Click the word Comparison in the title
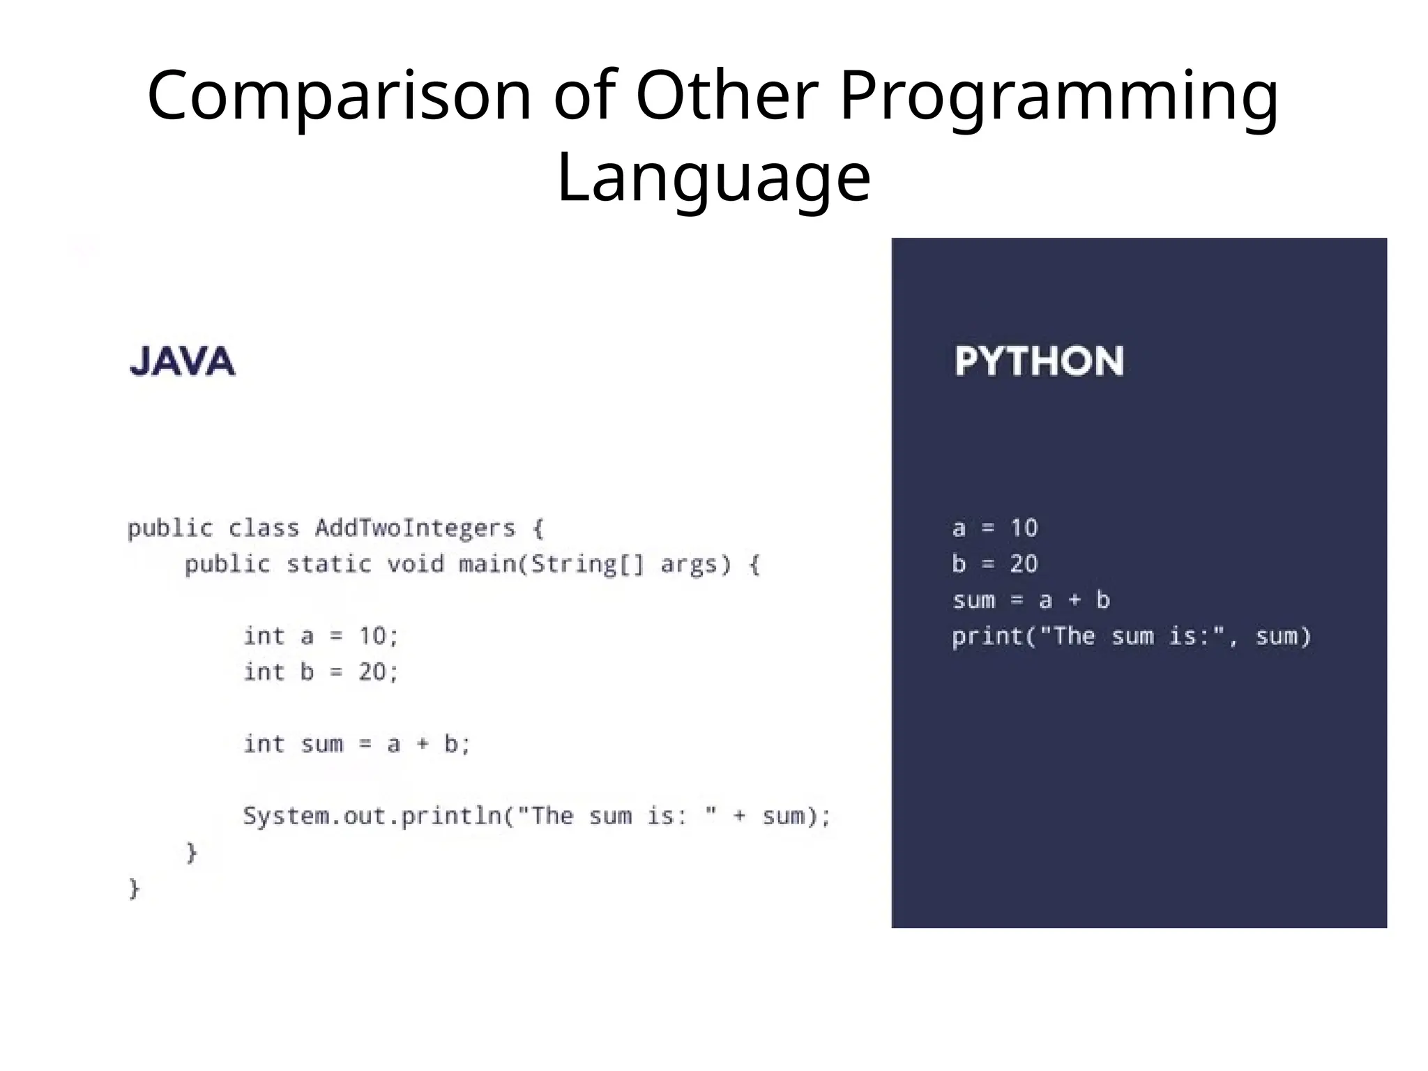pos(339,96)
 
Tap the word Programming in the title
pos(1058,96)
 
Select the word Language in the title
pos(713,177)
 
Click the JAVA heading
pos(183,361)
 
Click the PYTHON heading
pos(1039,361)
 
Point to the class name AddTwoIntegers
pos(415,528)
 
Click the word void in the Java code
pos(416,563)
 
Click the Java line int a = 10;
pos(321,636)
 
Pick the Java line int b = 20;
pos(321,671)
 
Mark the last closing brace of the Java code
pos(135,888)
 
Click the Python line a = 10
pos(995,528)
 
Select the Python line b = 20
pos(995,563)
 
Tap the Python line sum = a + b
pos(1031,600)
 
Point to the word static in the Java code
pos(328,563)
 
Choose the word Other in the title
pos(726,96)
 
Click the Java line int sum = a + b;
pos(357,744)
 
